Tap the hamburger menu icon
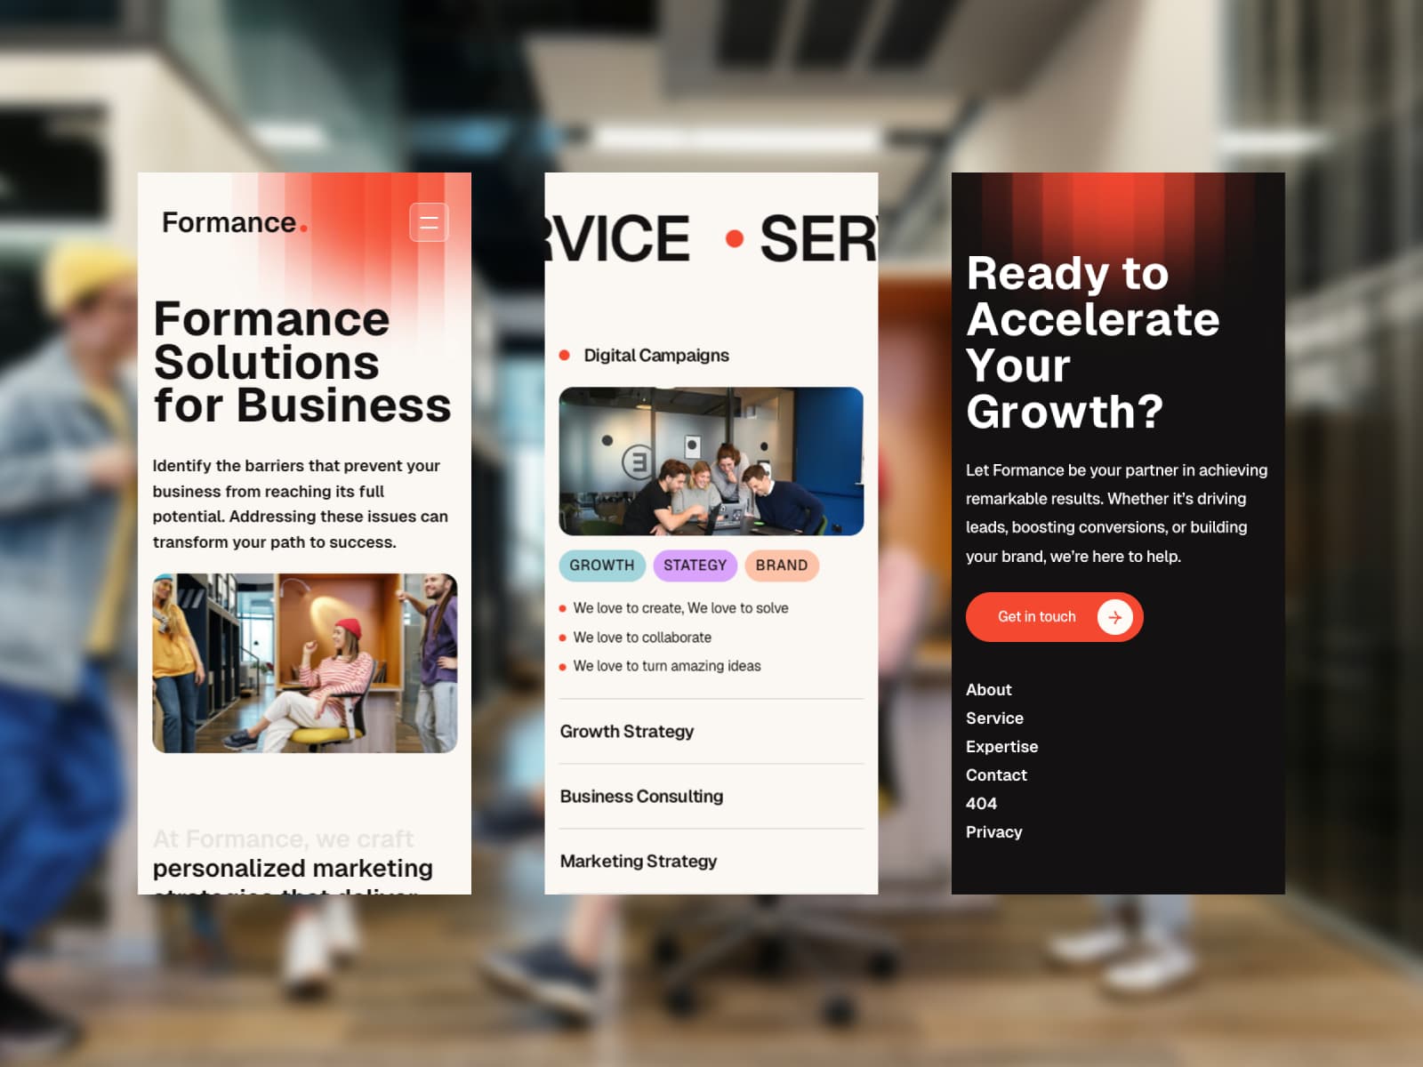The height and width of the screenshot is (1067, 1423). click(429, 222)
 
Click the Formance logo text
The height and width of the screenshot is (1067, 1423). click(229, 222)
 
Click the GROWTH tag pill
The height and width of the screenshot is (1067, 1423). click(602, 566)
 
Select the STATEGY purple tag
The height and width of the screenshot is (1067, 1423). click(695, 566)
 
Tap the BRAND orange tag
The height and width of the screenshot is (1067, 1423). click(781, 566)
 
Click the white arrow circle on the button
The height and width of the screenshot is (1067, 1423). click(1114, 617)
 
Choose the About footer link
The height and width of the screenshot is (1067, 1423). click(989, 690)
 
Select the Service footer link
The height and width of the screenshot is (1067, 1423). click(994, 718)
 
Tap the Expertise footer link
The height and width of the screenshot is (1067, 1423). click(1001, 747)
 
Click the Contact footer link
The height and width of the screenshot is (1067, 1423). click(996, 775)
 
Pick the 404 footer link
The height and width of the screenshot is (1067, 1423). click(981, 804)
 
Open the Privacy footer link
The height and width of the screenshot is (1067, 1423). click(993, 832)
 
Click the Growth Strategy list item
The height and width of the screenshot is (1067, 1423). click(627, 732)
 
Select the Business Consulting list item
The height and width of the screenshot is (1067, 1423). click(641, 797)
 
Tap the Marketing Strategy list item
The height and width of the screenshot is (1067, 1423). click(639, 862)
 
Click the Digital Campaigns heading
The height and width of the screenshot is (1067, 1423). click(656, 356)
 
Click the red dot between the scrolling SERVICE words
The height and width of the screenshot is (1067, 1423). click(734, 238)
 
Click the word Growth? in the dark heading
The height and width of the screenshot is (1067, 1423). click(1065, 412)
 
